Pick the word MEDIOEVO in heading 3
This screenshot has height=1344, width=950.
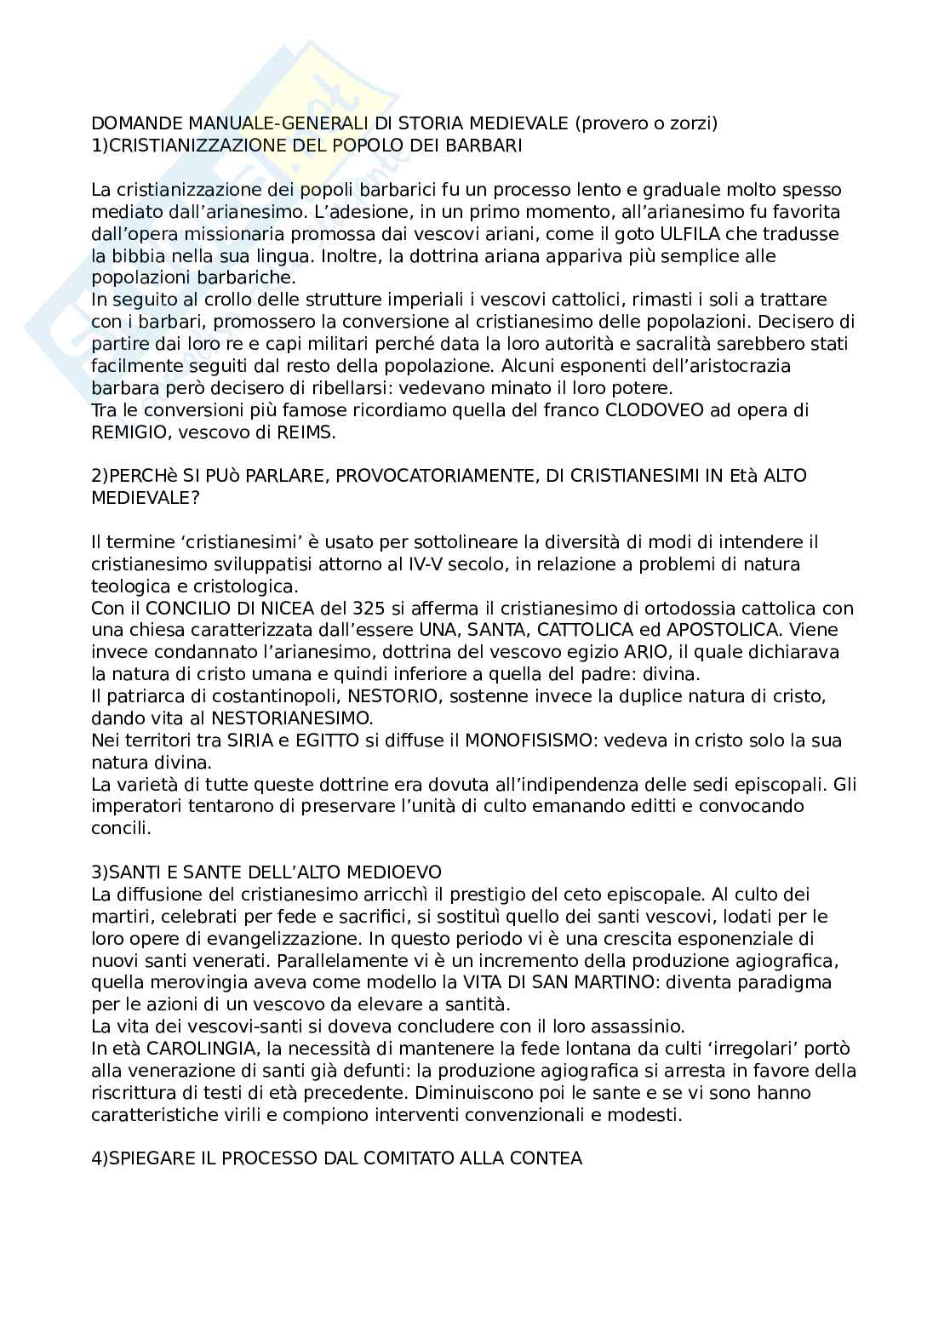(398, 872)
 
